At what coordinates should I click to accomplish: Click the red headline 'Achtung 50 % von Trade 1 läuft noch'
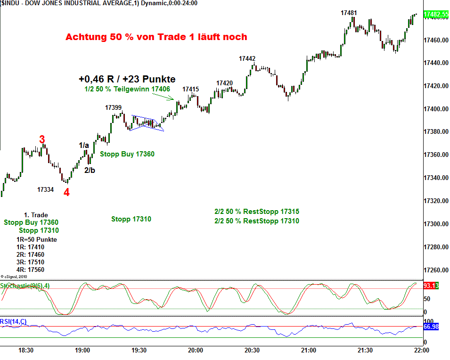(x=156, y=37)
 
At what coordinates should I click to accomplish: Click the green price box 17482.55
(x=436, y=15)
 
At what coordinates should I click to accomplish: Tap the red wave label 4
(x=66, y=192)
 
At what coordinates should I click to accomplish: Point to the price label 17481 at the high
(x=349, y=13)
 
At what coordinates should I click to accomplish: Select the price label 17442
(x=247, y=58)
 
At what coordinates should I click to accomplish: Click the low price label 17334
(x=46, y=189)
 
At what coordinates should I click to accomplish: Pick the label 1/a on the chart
(x=84, y=146)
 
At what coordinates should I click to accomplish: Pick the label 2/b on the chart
(x=90, y=170)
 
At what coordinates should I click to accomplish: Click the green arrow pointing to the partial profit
(x=164, y=96)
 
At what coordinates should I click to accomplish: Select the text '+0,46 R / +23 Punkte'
(x=127, y=79)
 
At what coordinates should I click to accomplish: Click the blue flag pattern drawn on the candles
(x=147, y=123)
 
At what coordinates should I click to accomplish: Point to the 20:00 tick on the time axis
(x=196, y=350)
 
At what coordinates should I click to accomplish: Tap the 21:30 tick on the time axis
(x=365, y=350)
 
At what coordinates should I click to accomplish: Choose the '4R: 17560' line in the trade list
(x=30, y=270)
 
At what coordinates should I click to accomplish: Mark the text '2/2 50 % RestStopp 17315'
(x=256, y=212)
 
